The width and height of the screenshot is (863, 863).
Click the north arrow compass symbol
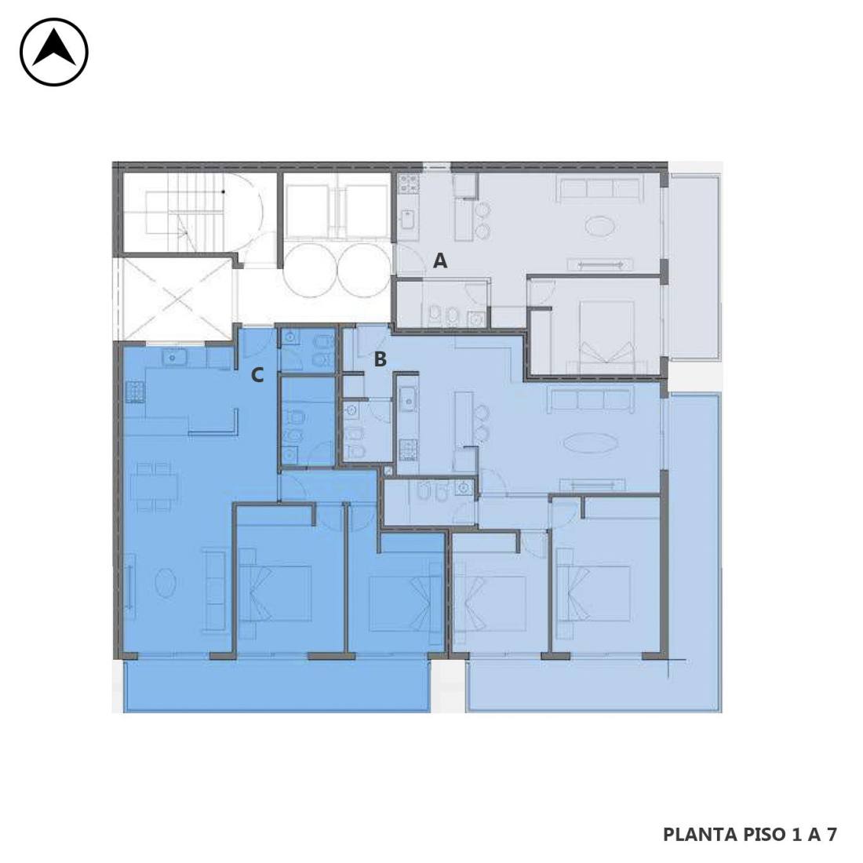(54, 53)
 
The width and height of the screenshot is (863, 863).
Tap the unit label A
(440, 260)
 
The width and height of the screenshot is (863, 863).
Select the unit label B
(380, 359)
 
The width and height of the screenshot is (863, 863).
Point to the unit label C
(257, 375)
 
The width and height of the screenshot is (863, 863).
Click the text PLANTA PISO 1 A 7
(749, 835)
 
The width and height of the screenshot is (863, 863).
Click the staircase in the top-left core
(188, 212)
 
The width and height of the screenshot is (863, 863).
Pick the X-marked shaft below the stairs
(175, 300)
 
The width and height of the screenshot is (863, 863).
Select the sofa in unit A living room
(599, 189)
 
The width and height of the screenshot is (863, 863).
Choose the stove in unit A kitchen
(409, 184)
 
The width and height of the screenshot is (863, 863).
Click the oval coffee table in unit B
(591, 442)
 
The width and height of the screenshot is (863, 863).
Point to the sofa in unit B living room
(591, 400)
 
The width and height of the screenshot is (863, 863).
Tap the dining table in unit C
(154, 486)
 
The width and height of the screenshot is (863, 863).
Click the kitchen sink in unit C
(174, 359)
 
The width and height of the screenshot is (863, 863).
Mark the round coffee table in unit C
(165, 582)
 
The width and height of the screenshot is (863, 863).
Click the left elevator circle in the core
(311, 270)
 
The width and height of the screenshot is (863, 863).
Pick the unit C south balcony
(277, 686)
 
